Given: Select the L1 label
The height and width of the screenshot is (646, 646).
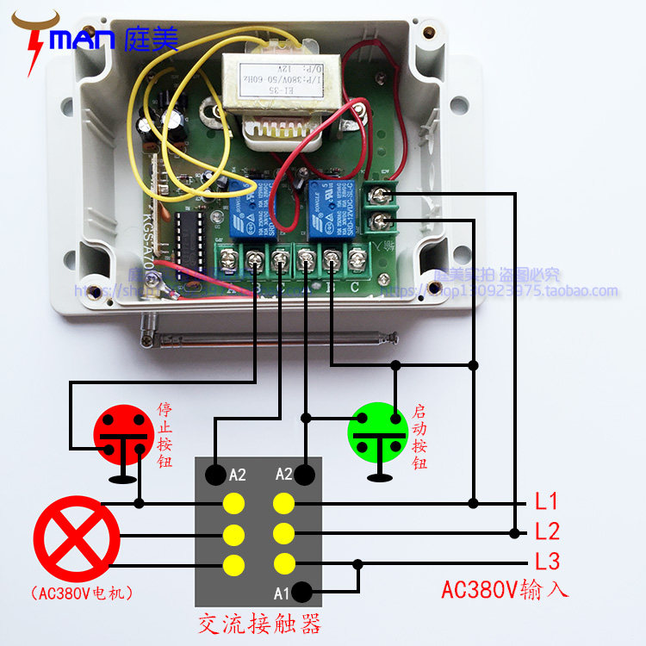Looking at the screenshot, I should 547,501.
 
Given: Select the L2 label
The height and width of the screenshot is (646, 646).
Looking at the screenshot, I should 547,531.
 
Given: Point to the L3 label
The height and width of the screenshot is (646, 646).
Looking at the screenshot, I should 547,562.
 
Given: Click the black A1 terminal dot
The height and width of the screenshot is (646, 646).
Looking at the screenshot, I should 302,592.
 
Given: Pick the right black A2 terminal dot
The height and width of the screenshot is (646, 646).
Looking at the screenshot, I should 304,474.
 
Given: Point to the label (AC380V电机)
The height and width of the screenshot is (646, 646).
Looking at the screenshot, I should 76,593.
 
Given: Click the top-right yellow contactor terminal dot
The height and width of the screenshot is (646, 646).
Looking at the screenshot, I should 285,503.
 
